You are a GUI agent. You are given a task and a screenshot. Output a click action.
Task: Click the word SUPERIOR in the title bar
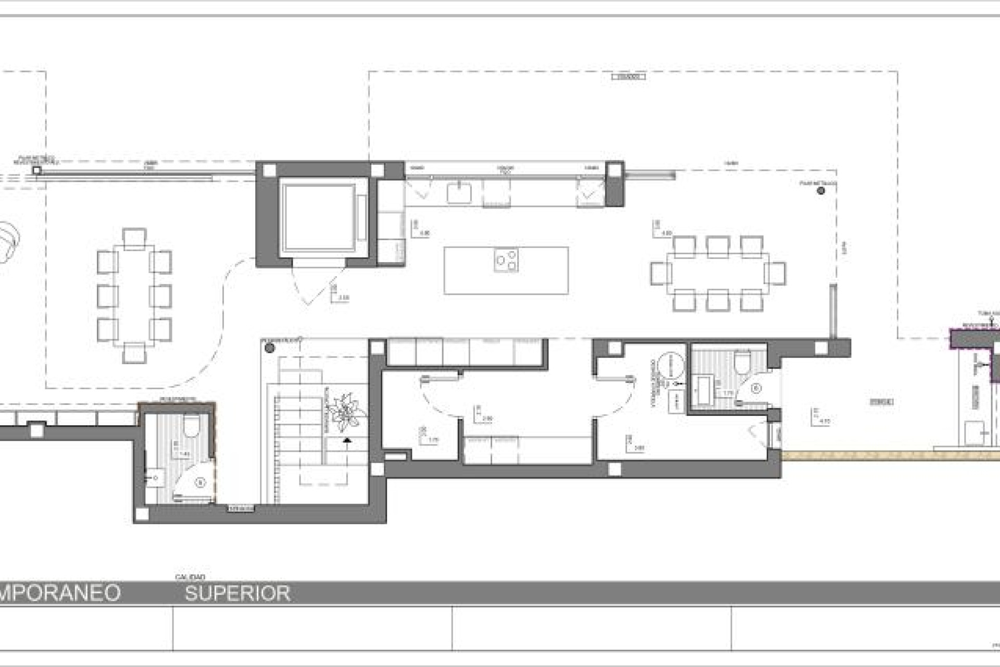[238, 593]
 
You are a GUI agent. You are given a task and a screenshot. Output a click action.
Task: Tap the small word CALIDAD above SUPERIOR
[190, 577]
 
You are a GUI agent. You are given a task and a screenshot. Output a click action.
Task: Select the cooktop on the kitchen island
[506, 261]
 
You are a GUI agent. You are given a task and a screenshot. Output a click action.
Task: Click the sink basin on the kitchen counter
[459, 193]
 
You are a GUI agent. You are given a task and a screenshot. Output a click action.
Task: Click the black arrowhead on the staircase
[347, 440]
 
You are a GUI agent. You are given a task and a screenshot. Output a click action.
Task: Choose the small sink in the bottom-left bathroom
[154, 477]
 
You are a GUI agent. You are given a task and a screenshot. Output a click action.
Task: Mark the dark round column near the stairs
[269, 348]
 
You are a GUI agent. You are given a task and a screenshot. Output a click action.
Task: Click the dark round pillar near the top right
[821, 191]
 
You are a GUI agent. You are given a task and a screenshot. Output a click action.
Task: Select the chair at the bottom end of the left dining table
[134, 353]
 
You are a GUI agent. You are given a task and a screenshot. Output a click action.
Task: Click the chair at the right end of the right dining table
[776, 273]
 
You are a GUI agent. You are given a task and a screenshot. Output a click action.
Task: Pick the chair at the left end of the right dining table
[660, 273]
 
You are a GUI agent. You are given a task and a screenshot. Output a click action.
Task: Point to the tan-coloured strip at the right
[891, 455]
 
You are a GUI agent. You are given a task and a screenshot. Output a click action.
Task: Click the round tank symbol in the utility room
[671, 365]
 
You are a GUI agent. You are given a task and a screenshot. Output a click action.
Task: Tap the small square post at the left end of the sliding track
[36, 170]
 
